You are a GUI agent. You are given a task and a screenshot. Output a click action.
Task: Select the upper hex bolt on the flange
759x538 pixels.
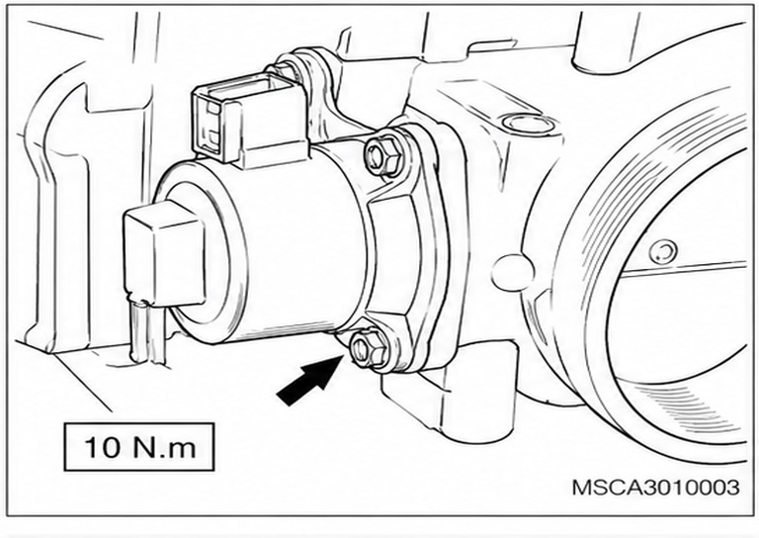click(x=382, y=156)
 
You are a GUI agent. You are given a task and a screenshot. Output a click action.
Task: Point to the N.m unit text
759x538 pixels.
click(x=164, y=447)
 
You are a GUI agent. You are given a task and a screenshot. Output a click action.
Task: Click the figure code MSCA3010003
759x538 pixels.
click(x=656, y=488)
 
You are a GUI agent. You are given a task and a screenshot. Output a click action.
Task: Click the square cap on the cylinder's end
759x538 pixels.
click(x=165, y=254)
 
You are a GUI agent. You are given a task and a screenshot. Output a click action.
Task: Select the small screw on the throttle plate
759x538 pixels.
click(x=663, y=251)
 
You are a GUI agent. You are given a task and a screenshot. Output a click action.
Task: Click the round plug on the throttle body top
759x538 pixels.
click(x=529, y=123)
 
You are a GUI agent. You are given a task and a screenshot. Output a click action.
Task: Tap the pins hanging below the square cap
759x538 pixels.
click(x=148, y=331)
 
